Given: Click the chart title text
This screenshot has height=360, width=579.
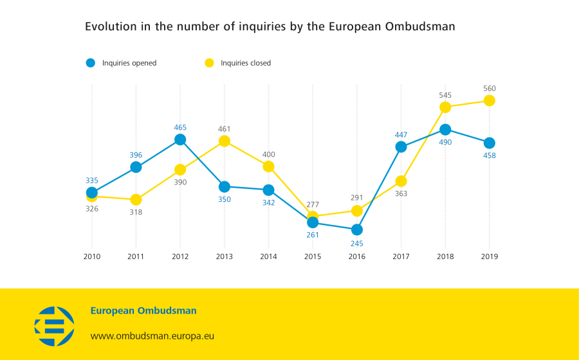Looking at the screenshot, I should click(x=270, y=27).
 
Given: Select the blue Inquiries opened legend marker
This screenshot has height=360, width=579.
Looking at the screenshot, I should click(x=91, y=63).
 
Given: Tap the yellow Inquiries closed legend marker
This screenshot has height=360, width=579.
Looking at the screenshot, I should click(x=209, y=63).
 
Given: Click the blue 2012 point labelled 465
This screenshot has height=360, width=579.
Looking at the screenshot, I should click(x=180, y=139).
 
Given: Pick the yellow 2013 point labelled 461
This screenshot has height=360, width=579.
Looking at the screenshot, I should click(x=225, y=141).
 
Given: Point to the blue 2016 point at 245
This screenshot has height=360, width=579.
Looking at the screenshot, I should click(x=357, y=230).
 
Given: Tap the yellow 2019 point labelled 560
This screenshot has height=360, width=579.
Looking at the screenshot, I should click(x=490, y=100).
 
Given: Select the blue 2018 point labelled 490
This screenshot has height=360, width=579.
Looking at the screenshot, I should click(x=445, y=129).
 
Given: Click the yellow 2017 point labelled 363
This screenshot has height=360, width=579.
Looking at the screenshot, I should click(x=401, y=181).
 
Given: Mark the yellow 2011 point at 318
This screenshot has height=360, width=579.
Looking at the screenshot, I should click(x=136, y=199).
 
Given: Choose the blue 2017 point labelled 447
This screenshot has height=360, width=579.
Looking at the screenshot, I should click(x=401, y=147).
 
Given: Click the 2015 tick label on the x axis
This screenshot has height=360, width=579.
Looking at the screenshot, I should click(x=313, y=256).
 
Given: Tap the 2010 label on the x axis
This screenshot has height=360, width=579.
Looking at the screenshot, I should click(x=92, y=256).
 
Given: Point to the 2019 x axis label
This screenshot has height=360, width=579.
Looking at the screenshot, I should click(x=490, y=256).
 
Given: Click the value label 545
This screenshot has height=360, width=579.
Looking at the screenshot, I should click(x=445, y=95).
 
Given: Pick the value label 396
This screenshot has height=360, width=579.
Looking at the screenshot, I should click(x=136, y=155).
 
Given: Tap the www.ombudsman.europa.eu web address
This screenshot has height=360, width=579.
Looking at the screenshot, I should click(x=152, y=336).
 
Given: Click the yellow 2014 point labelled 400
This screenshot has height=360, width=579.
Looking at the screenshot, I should click(x=268, y=166).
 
